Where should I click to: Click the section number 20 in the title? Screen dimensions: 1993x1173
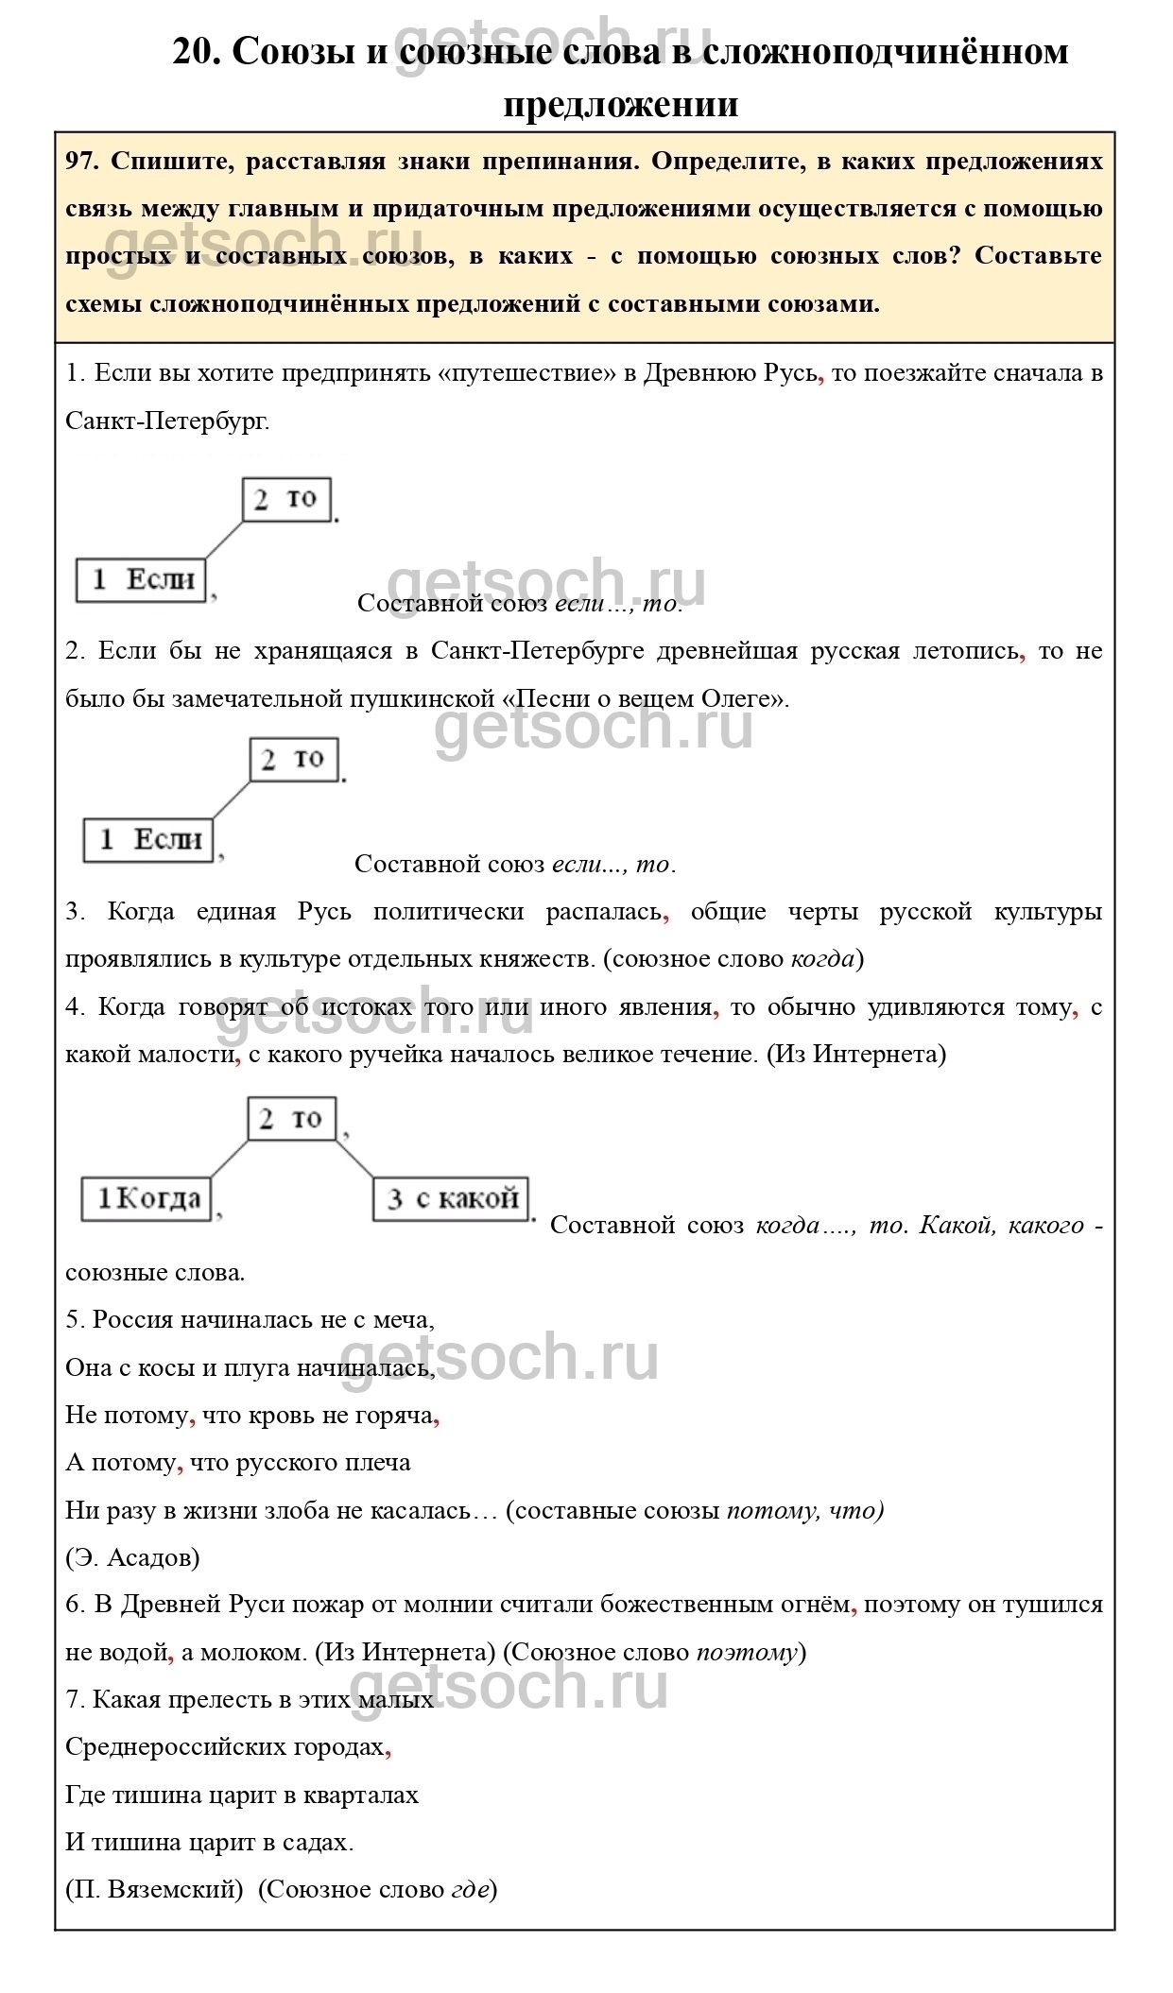196,52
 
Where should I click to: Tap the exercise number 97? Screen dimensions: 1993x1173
82,162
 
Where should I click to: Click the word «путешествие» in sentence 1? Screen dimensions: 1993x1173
529,373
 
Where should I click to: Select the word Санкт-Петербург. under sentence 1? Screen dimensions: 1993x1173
167,421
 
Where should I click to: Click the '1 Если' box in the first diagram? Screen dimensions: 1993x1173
141,580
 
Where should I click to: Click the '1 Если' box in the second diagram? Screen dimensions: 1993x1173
148,840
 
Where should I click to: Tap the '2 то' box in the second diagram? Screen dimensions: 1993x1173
294,760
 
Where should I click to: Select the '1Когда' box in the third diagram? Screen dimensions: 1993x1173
147,1199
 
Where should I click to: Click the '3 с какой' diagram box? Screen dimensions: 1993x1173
451,1199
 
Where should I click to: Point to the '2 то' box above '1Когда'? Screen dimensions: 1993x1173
291,1120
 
